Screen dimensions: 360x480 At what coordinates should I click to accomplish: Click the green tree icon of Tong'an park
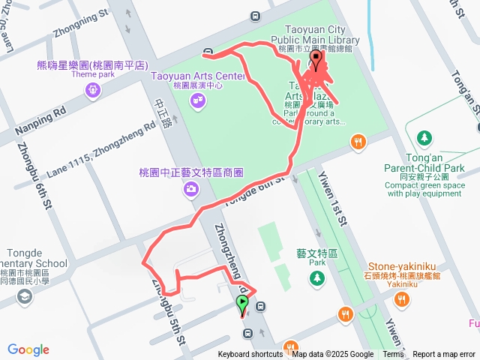click(x=425, y=138)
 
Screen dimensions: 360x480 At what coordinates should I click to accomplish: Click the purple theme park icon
click(x=92, y=90)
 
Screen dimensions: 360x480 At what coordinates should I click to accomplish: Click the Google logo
click(x=28, y=349)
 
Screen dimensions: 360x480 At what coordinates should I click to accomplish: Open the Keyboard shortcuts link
click(x=250, y=355)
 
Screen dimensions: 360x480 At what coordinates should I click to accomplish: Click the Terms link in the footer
click(x=393, y=355)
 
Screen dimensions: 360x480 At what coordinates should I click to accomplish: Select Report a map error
click(x=444, y=355)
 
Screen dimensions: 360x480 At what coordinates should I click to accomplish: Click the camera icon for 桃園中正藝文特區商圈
click(x=192, y=190)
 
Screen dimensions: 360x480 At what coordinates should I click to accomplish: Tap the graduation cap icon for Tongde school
click(x=25, y=298)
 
